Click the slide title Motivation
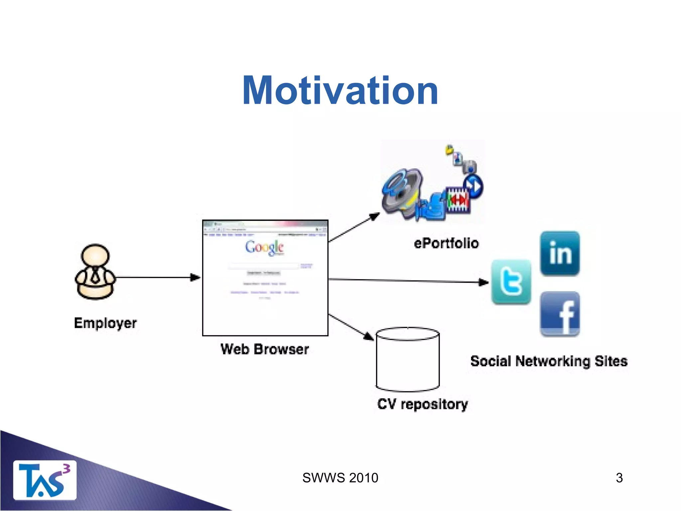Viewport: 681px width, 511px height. point(340,90)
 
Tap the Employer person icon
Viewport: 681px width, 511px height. point(95,272)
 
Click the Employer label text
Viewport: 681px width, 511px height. point(105,323)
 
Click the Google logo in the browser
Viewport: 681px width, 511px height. point(264,248)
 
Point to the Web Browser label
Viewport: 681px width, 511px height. point(265,349)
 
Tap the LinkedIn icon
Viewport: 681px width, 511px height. point(560,254)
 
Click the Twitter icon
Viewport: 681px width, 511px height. point(511,282)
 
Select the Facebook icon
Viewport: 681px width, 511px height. point(560,314)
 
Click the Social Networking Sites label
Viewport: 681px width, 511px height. point(549,361)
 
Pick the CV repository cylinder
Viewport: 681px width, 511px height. point(408,359)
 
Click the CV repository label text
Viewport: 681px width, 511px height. point(422,404)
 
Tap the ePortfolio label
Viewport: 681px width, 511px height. point(446,244)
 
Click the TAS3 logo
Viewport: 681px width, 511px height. point(45,480)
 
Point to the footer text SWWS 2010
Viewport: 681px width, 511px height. point(340,478)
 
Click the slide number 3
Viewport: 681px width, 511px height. point(619,478)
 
